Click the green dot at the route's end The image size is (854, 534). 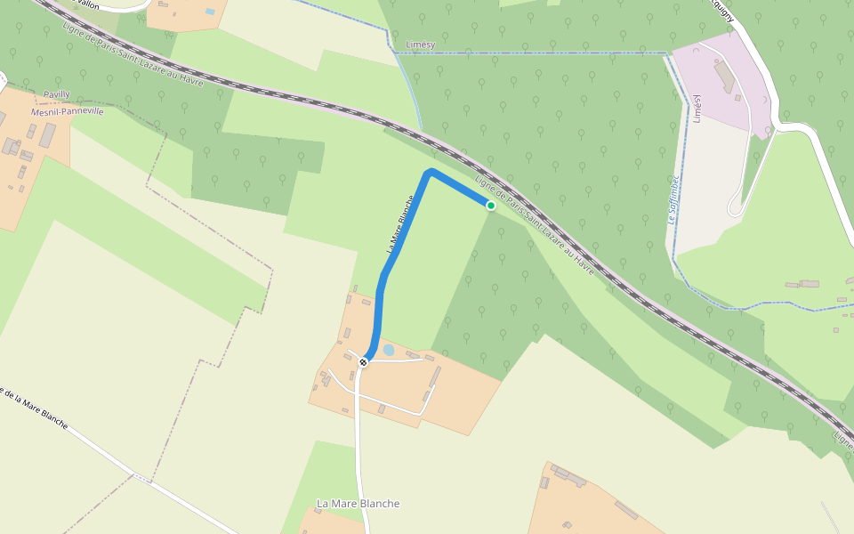point(490,206)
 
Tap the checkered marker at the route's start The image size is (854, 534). point(363,361)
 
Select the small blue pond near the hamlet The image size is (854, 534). point(389,351)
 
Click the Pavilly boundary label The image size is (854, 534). point(56,93)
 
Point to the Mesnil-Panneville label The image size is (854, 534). point(68,111)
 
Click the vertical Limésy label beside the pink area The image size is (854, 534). point(697,108)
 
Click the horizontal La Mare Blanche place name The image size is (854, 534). point(358,504)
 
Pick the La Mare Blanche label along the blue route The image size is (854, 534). point(400,224)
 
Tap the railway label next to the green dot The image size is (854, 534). point(534,225)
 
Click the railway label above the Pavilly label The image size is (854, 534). point(133,55)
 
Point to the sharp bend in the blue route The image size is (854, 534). point(431,172)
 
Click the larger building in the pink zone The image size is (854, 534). point(725,77)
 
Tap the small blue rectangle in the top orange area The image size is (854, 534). point(209,12)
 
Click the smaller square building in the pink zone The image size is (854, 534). point(737,98)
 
